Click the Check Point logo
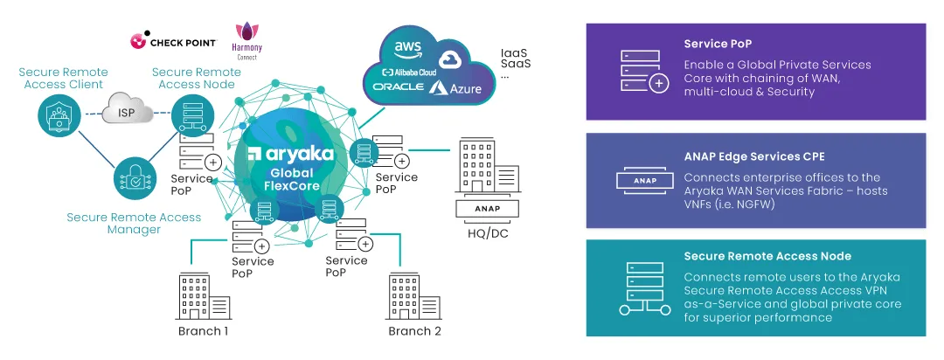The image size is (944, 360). click(x=167, y=40)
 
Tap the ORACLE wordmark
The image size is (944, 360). click(x=399, y=87)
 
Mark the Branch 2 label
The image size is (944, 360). click(x=414, y=332)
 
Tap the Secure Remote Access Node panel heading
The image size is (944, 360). click(x=767, y=256)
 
